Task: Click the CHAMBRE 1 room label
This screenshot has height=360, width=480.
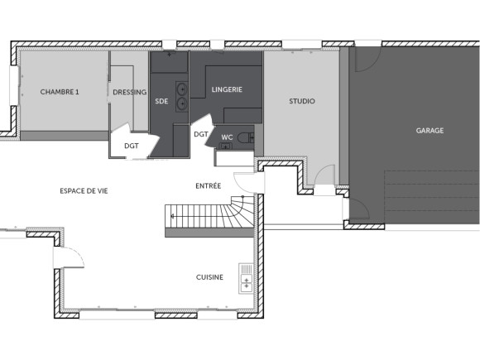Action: click(x=60, y=92)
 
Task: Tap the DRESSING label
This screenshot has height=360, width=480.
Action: click(x=130, y=92)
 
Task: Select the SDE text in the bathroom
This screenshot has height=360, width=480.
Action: click(x=161, y=101)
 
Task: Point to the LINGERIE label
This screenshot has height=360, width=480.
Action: click(x=227, y=89)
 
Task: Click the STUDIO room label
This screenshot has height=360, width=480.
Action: click(x=301, y=101)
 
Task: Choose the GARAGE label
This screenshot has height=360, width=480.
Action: click(x=430, y=130)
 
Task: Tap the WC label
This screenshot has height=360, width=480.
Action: click(x=226, y=137)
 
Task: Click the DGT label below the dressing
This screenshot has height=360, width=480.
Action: click(x=132, y=146)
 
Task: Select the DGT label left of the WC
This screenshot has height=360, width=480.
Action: click(x=200, y=134)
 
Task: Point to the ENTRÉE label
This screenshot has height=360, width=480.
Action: click(x=208, y=185)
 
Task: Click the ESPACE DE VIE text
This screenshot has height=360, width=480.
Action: click(x=84, y=191)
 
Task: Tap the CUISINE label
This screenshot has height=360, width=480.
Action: click(x=209, y=277)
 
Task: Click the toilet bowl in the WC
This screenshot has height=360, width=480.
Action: click(x=245, y=137)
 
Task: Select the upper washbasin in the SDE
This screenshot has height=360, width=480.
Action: click(x=181, y=88)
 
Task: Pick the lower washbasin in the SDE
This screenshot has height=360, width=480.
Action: click(x=181, y=103)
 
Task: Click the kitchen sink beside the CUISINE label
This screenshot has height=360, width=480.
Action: click(x=246, y=279)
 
